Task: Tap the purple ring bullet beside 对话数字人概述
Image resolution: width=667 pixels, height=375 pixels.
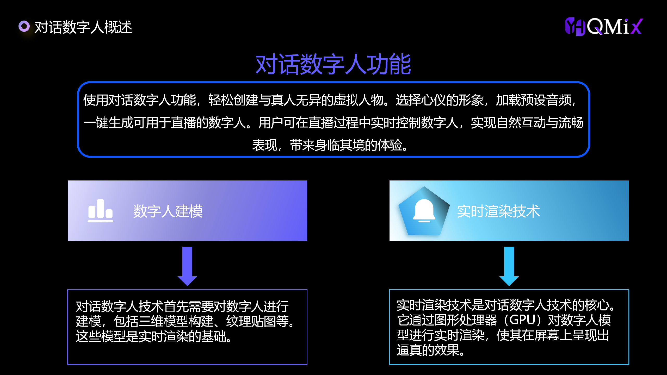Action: [x=24, y=26]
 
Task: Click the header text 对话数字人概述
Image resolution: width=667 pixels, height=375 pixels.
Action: [x=83, y=27]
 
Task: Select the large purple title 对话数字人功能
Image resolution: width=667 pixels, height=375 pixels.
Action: [x=333, y=64]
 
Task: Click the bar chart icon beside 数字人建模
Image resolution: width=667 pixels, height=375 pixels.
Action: [x=100, y=211]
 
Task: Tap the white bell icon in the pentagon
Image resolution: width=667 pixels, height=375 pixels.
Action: [x=424, y=211]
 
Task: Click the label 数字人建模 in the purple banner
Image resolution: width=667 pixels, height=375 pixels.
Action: [x=168, y=211]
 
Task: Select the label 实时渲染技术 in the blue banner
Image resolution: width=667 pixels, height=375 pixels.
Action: [x=498, y=211]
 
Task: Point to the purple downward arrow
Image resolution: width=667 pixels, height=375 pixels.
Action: [x=187, y=266]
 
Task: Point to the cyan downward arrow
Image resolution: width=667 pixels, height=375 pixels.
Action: [x=509, y=266]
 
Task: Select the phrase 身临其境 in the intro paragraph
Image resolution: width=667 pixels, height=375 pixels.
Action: [x=340, y=145]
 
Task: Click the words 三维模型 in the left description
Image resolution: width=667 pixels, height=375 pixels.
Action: [x=163, y=321]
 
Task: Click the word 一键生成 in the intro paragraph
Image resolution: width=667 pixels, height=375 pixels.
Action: [x=108, y=123]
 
